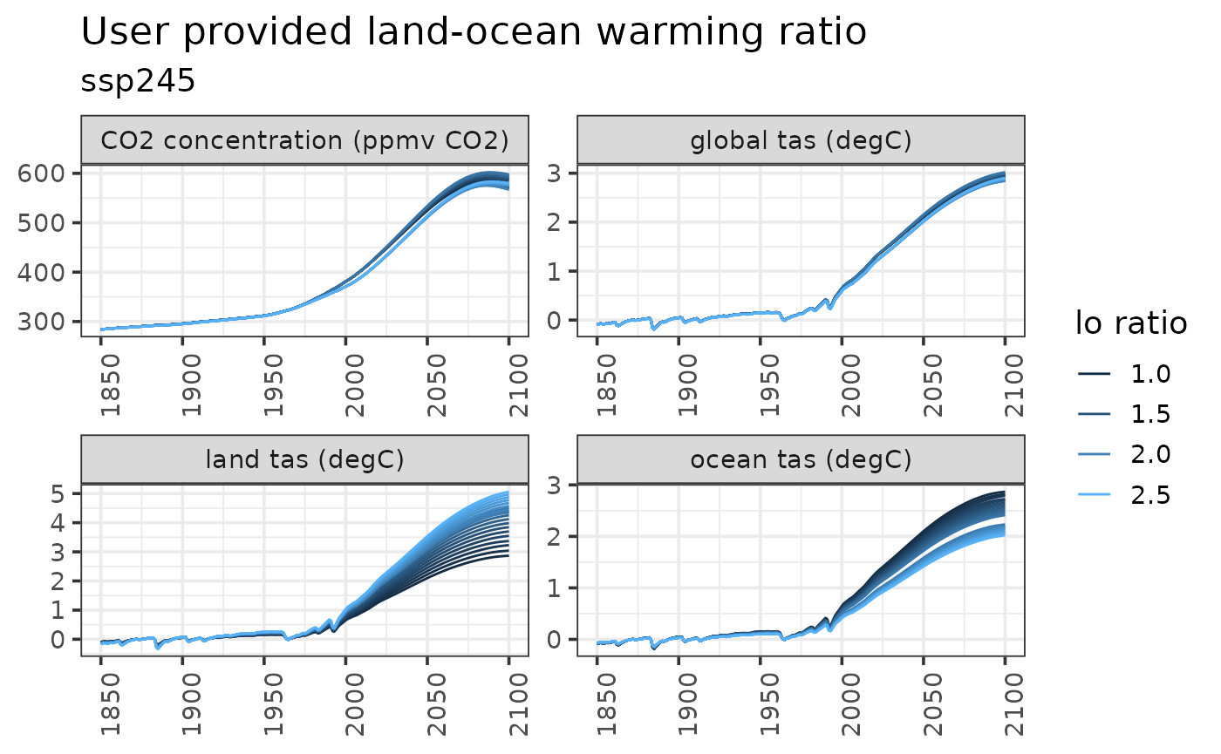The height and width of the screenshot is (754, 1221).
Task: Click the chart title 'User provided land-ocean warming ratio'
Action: pyautogui.click(x=474, y=32)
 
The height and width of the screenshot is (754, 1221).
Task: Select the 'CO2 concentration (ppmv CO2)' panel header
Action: pyautogui.click(x=304, y=140)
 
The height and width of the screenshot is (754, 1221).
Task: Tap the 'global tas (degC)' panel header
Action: pyautogui.click(x=801, y=140)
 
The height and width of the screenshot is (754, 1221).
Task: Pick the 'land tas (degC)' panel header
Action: pyautogui.click(x=304, y=459)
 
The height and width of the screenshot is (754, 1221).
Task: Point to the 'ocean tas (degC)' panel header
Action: pyautogui.click(x=801, y=459)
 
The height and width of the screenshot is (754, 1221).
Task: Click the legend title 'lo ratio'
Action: pyautogui.click(x=1130, y=323)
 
